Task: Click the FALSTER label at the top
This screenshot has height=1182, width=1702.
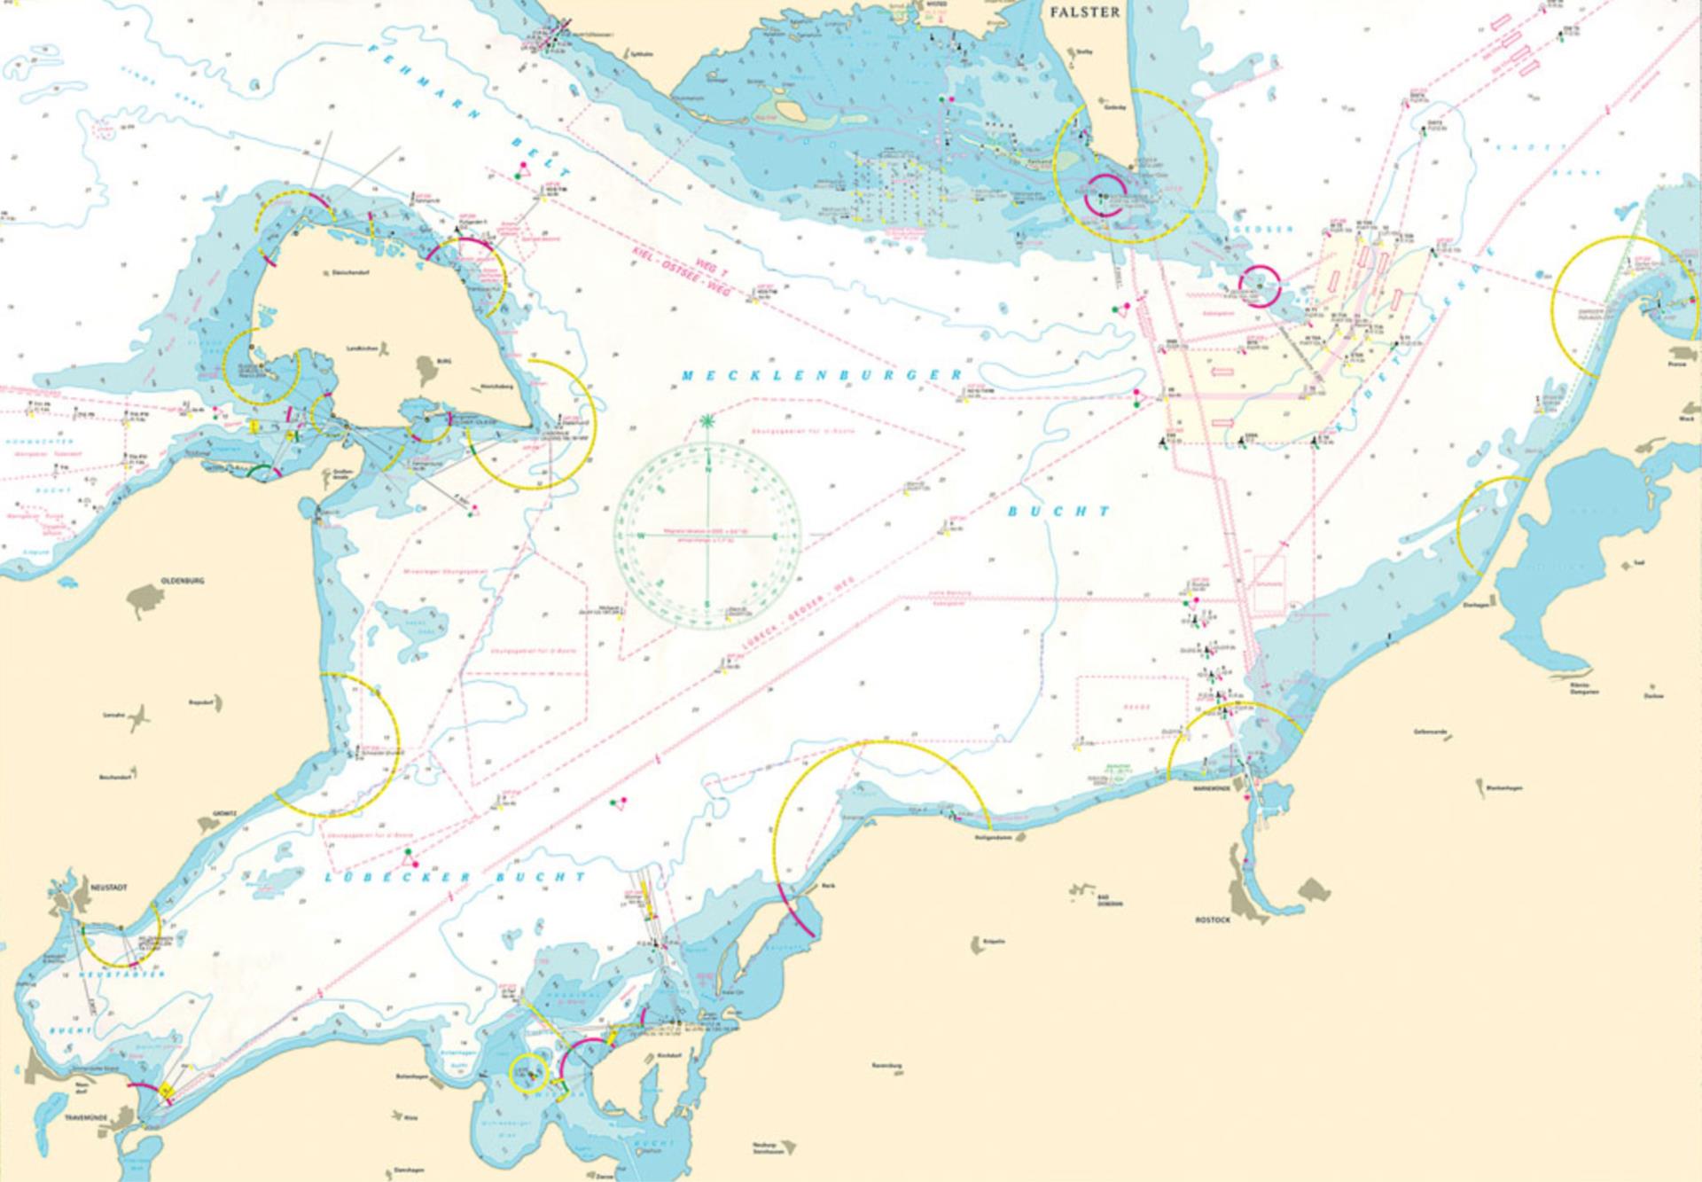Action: pos(1084,12)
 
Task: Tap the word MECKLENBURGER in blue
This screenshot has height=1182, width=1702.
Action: pos(821,375)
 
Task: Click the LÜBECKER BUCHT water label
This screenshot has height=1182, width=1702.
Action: pos(455,877)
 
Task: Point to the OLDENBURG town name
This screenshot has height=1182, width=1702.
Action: pos(183,581)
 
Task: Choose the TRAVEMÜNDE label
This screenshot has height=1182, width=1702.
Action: pos(85,1118)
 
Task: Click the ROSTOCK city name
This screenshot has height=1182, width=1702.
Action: pos(1212,920)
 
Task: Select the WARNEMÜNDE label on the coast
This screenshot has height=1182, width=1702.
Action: pos(1212,787)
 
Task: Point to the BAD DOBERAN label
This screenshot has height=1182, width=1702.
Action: pos(1110,899)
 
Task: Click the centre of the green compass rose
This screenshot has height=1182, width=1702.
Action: pos(707,535)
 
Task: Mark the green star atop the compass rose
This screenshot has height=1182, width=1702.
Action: pos(707,422)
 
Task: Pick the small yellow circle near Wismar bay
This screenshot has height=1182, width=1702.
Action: pos(530,1073)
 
